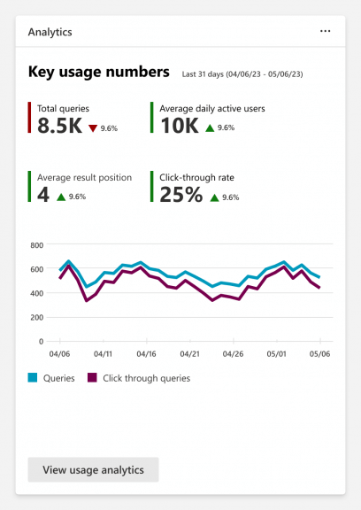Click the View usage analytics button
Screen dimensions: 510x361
click(93, 470)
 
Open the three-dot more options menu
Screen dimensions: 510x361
click(325, 31)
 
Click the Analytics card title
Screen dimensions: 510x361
click(50, 31)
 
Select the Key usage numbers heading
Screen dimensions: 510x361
click(98, 72)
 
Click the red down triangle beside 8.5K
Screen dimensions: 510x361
click(92, 128)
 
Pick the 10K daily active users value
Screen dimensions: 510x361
click(180, 127)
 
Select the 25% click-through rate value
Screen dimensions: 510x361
click(181, 195)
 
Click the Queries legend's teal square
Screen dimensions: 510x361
click(33, 377)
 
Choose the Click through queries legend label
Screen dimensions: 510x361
click(147, 378)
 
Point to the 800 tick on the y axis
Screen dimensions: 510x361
click(37, 245)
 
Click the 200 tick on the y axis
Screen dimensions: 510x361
click(37, 317)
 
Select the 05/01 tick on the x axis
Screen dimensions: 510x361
click(277, 353)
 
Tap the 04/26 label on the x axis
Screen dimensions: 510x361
click(234, 353)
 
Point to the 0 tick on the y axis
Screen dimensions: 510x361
click(42, 341)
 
